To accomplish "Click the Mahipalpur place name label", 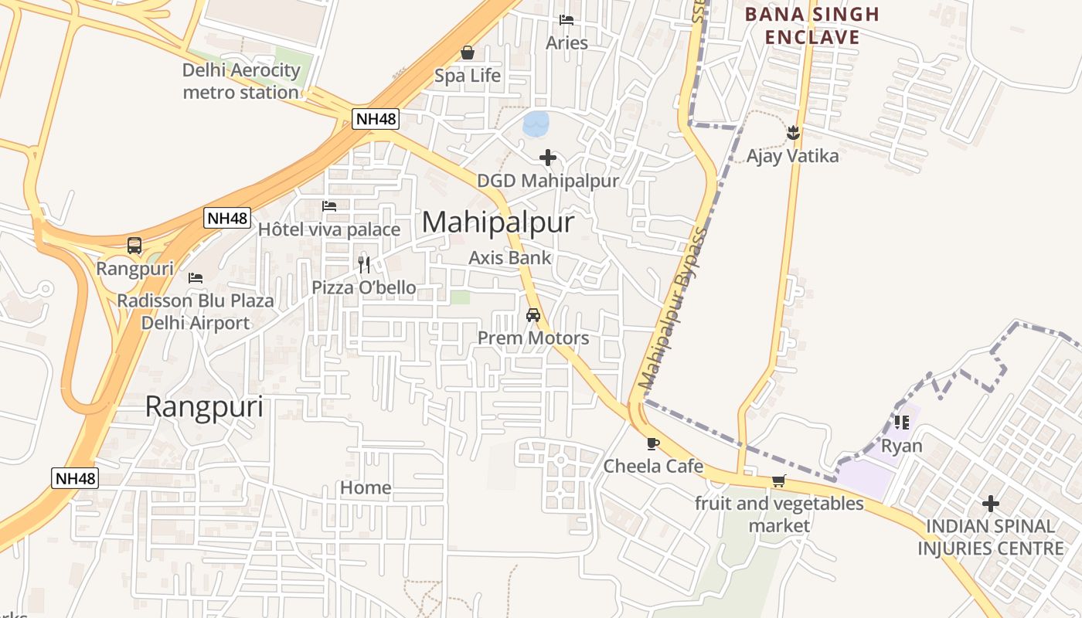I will click(x=498, y=222).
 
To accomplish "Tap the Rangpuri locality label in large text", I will click(x=204, y=407).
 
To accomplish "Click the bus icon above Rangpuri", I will click(x=134, y=246).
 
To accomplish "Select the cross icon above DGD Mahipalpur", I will click(x=548, y=158).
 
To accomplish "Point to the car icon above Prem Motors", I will click(x=533, y=315).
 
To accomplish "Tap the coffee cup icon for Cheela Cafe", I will click(x=653, y=443).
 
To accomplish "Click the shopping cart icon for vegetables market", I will click(x=779, y=480).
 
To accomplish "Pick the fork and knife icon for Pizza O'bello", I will click(x=364, y=264).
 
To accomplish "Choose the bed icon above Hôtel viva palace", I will click(x=329, y=206).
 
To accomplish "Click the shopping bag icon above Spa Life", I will click(x=468, y=53).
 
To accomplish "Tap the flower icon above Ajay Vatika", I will click(x=792, y=133).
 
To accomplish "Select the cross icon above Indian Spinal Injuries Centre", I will click(x=990, y=504).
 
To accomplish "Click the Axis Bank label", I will click(x=510, y=258).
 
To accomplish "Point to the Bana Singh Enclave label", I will click(x=811, y=25).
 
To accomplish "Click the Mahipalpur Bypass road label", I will click(x=673, y=309).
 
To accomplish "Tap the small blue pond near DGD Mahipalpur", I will click(x=536, y=123).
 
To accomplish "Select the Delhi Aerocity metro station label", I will click(x=241, y=81).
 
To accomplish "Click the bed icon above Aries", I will click(x=567, y=20).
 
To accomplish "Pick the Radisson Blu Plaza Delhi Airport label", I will click(x=196, y=311).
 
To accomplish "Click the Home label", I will click(x=366, y=488).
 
